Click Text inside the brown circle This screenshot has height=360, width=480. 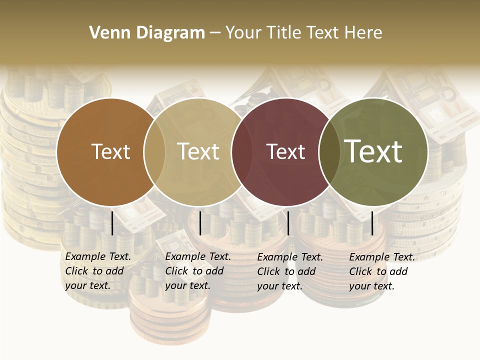110,151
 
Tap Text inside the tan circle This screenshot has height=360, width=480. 198,151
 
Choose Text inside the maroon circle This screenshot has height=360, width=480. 285,151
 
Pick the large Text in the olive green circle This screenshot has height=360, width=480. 373,151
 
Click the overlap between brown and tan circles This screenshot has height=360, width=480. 154,151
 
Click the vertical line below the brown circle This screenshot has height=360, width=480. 112,223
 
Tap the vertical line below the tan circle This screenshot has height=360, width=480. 200,223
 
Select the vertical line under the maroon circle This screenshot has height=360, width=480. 288,223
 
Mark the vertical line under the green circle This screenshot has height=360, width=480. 372,223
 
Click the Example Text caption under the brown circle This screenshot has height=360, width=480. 97,271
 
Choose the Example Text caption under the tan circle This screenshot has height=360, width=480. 197,271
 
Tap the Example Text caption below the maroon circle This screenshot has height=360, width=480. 289,271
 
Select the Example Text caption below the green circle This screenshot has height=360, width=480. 381,271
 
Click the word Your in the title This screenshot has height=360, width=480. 243,33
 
